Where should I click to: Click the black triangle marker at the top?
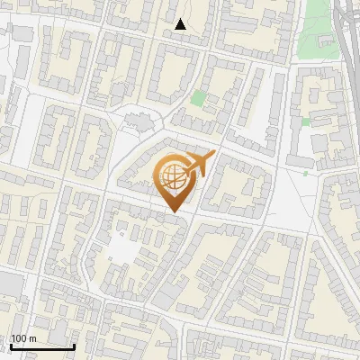(181, 24)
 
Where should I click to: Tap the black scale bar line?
(42, 346)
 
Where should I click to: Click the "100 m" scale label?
(23, 338)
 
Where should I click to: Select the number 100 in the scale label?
(19, 338)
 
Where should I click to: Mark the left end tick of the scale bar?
(11, 345)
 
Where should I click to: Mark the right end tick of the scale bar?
(74, 345)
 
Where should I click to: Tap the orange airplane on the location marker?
(199, 164)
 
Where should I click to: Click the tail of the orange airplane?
(187, 171)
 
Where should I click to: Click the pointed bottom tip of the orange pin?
(175, 212)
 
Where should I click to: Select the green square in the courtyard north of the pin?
(198, 98)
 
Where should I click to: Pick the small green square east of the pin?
(306, 121)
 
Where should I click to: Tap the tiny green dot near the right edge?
(305, 174)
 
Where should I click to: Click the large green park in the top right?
(315, 27)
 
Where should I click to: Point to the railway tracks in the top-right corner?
(346, 27)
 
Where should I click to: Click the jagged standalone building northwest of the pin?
(138, 120)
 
